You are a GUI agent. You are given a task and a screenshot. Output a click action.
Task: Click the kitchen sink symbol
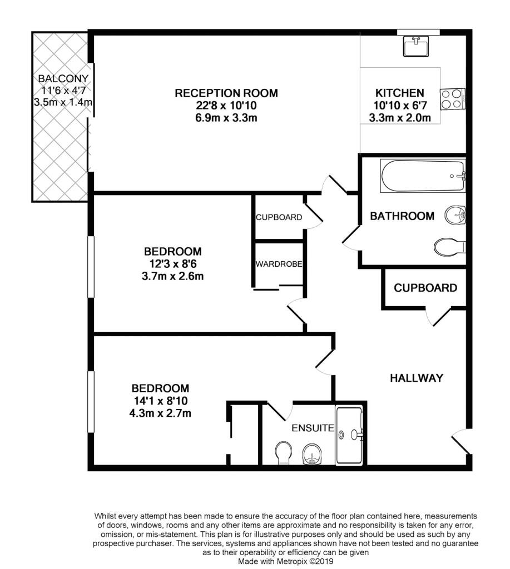pyautogui.click(x=416, y=46)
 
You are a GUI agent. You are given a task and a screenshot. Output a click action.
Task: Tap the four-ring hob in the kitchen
pyautogui.click(x=453, y=99)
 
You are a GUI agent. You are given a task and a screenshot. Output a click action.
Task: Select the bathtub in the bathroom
pyautogui.click(x=423, y=176)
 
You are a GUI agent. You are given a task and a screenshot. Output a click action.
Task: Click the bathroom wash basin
pyautogui.click(x=455, y=215)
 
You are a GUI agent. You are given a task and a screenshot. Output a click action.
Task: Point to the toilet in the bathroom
pyautogui.click(x=450, y=247)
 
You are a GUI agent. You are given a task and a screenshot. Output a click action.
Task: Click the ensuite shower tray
pyautogui.click(x=349, y=435)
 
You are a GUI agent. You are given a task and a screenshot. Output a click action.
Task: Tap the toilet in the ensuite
pyautogui.click(x=283, y=453)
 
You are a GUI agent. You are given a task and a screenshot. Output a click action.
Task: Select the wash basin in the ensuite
pyautogui.click(x=312, y=454)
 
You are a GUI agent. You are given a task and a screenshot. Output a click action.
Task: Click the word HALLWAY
pyautogui.click(x=416, y=378)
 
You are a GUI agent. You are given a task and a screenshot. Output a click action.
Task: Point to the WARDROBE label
pyautogui.click(x=279, y=264)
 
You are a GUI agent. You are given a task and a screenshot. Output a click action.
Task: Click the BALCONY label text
pyautogui.click(x=63, y=78)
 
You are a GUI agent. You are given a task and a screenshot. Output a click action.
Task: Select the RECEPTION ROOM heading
pyautogui.click(x=226, y=93)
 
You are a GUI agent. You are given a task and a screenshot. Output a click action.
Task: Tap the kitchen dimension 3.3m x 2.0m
pyautogui.click(x=400, y=118)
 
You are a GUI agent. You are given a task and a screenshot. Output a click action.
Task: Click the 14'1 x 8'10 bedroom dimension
pyautogui.click(x=161, y=401)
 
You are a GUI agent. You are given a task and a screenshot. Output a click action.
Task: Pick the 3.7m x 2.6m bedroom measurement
pyautogui.click(x=172, y=276)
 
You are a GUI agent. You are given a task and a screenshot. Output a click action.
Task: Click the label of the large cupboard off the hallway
pyautogui.click(x=425, y=288)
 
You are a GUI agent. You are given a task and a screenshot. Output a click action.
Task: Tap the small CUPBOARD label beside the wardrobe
pyautogui.click(x=279, y=217)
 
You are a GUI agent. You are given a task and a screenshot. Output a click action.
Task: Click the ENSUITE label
pyautogui.click(x=313, y=428)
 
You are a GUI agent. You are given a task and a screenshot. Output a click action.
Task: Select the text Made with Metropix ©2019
pyautogui.click(x=285, y=561)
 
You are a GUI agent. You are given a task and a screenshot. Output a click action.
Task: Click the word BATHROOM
pyautogui.click(x=402, y=216)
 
